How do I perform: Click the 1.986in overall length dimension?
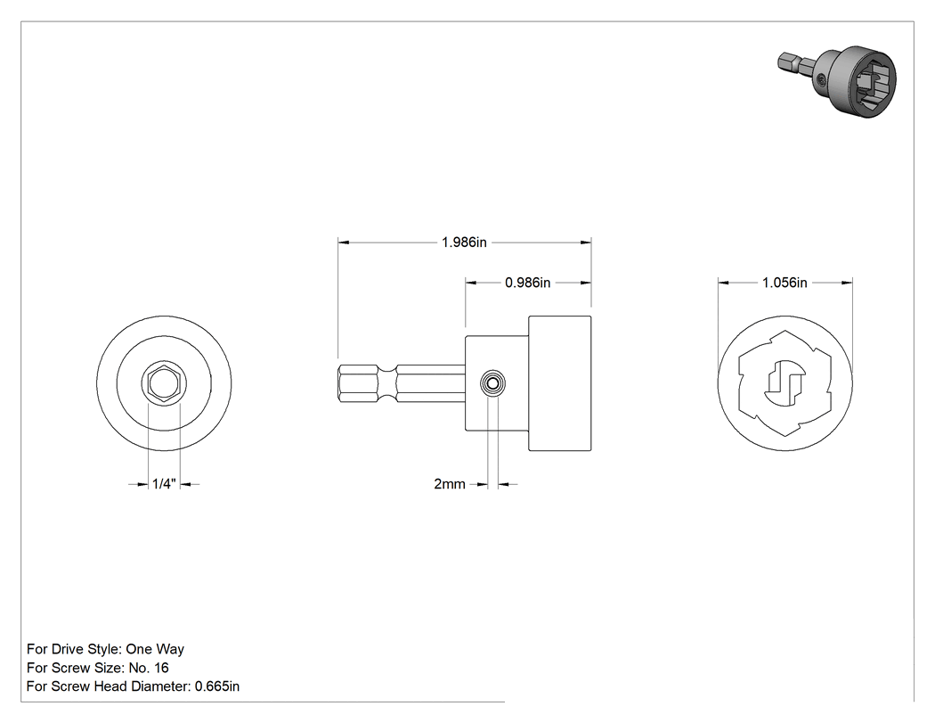point(464,242)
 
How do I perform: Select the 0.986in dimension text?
point(528,283)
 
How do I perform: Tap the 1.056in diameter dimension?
point(785,283)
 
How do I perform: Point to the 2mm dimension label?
point(450,484)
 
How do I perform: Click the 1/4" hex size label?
point(164,484)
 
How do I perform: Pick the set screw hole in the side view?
point(492,383)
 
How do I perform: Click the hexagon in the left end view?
point(164,383)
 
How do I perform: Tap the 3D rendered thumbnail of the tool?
point(837,80)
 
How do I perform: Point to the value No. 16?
point(149,668)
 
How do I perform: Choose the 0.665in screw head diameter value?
point(217,686)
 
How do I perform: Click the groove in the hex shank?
point(387,383)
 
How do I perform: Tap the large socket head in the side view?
point(560,383)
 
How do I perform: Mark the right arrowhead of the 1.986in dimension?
point(586,242)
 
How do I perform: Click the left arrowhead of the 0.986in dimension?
point(471,283)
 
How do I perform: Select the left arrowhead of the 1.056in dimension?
point(723,283)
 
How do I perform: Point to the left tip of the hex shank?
point(338,383)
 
